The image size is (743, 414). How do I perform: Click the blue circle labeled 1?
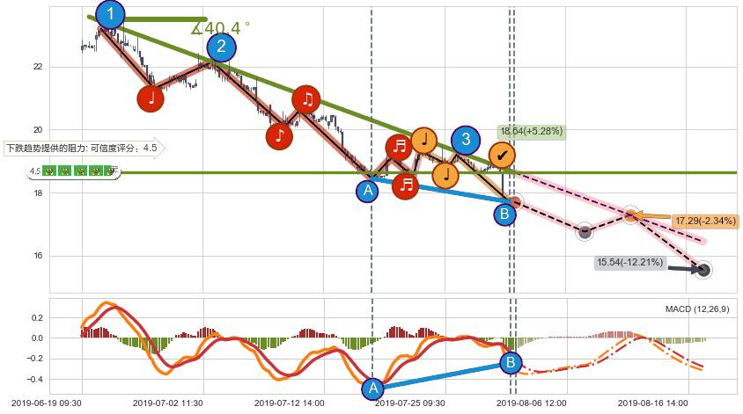pos(110,14)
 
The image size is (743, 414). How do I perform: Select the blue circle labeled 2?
pos(221,47)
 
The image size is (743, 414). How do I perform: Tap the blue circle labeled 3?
pos(466,139)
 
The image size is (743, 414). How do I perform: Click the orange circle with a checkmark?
pos(502,156)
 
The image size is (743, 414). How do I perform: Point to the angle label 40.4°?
pos(221,27)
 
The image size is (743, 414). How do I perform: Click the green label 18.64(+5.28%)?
pos(531,132)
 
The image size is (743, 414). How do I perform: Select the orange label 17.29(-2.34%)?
pos(704,221)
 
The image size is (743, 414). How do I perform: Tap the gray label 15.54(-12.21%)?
pos(630,262)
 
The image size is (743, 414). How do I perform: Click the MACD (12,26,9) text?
pos(696,309)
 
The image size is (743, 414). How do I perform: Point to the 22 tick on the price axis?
pos(37,67)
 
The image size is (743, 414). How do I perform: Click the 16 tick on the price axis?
pos(37,257)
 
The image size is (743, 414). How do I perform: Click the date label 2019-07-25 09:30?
pos(410,403)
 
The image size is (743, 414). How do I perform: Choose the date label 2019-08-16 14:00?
pos(653,403)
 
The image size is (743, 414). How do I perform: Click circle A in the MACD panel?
pos(372,388)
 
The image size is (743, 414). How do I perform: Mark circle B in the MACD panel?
pos(511,362)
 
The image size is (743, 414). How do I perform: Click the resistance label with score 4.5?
pos(84,149)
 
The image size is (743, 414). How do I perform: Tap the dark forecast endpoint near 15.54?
pos(703,270)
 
